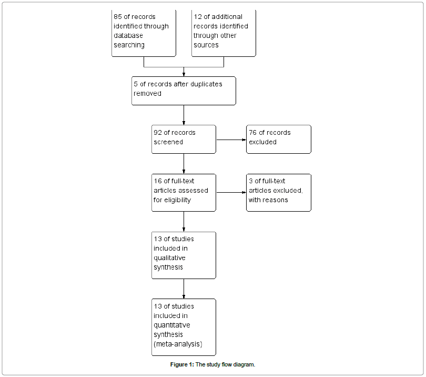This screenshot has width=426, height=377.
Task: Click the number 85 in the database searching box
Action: coord(118,16)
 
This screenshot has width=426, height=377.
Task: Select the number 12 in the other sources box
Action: coord(198,16)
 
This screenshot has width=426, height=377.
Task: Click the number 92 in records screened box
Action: coord(158,133)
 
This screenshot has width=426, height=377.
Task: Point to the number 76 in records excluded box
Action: coord(253,133)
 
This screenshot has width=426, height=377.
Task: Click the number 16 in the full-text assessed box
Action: coord(158,181)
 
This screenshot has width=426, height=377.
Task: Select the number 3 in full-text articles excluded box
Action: coord(251,181)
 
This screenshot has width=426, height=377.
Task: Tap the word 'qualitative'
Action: coord(169,258)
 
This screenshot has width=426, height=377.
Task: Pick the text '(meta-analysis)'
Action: coord(178,344)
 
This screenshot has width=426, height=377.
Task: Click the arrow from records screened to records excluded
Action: coord(231,140)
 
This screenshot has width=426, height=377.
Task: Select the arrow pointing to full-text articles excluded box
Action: coord(231,193)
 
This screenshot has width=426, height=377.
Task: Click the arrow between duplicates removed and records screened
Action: coord(184,115)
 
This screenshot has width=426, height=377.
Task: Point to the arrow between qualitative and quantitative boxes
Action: coord(184,289)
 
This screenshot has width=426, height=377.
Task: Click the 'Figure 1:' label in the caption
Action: coord(182,365)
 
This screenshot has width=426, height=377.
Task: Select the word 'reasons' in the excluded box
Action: coord(276,200)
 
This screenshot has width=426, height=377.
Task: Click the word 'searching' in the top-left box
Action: coord(128,45)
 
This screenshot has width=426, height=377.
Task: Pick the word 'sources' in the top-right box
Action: coord(206,45)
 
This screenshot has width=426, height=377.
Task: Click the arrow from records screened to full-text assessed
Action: coord(184,163)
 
